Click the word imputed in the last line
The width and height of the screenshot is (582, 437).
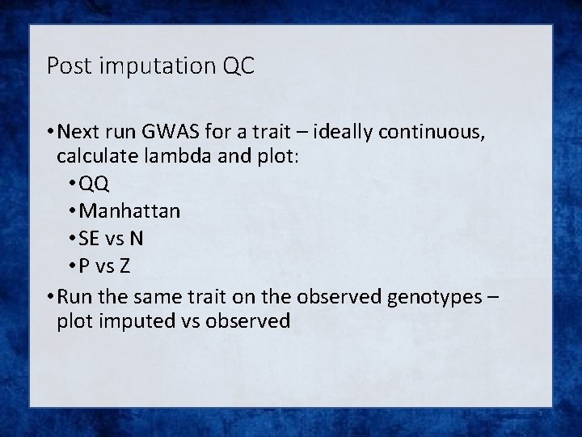tap(132, 321)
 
